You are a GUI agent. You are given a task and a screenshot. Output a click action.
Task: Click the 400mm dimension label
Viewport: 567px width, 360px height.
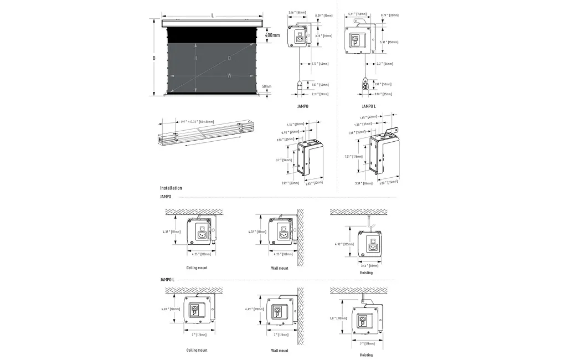coord(272,35)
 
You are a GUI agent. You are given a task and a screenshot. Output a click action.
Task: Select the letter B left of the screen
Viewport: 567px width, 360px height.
coord(154,58)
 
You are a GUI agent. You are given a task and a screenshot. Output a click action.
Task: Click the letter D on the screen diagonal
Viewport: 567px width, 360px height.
coord(229,58)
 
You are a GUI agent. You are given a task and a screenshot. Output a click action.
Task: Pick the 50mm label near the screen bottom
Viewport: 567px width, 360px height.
coord(267,86)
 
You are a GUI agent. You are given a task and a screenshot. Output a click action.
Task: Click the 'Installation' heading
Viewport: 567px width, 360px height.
coord(171,188)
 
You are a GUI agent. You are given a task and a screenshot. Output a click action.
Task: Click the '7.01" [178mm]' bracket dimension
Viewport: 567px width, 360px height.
coord(358,157)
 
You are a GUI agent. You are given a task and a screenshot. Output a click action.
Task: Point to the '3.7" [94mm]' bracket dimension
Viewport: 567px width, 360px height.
coord(284,160)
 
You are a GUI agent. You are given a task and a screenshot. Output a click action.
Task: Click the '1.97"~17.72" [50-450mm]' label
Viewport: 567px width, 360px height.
coord(197,122)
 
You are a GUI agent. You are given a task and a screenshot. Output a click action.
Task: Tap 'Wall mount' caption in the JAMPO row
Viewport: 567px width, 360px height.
coord(280,268)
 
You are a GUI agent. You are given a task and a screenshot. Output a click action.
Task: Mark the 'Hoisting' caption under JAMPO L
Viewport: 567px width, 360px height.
coord(366,354)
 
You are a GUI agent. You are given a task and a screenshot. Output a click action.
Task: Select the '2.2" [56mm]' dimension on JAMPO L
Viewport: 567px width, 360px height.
coord(383,64)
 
